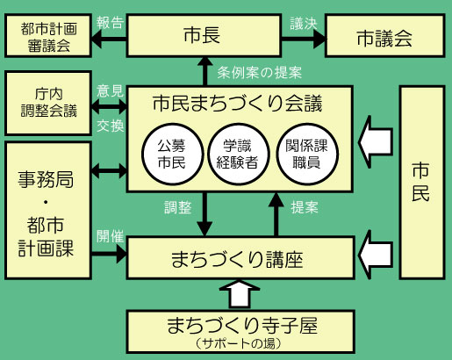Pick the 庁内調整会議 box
(x=48, y=101)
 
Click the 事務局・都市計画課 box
(x=48, y=210)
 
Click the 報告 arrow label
(x=110, y=22)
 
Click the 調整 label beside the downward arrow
(x=178, y=209)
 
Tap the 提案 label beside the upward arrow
(x=304, y=209)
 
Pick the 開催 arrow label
(x=110, y=236)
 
